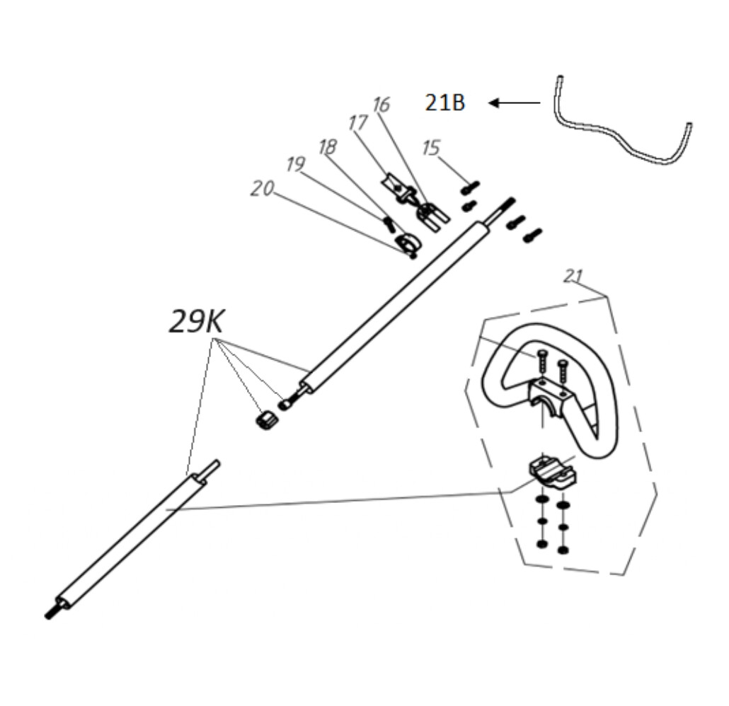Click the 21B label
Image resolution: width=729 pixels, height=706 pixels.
tap(445, 103)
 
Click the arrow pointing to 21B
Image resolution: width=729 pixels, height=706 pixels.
tap(515, 103)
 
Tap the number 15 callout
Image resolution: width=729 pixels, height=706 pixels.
tap(431, 148)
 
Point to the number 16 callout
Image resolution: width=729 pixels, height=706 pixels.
tap(381, 105)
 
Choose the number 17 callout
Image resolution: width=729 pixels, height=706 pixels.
tap(358, 123)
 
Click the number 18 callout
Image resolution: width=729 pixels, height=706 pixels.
tap(328, 147)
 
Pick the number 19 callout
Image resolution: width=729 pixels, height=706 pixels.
tap(296, 164)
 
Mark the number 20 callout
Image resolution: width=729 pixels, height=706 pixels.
tap(262, 188)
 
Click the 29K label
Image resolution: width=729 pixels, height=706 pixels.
tap(196, 322)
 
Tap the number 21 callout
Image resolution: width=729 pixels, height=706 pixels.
tap(573, 276)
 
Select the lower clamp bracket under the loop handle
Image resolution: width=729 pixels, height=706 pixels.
tap(554, 472)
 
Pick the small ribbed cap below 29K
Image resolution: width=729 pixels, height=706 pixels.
tap(267, 420)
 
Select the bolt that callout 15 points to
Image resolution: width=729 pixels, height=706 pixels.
tap(469, 187)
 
